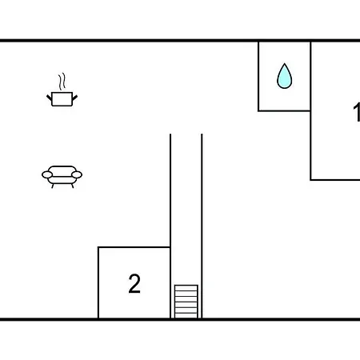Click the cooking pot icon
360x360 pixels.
(62, 99)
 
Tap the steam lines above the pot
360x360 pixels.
(62, 82)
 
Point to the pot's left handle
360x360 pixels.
(49, 98)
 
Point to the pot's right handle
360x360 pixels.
(74, 98)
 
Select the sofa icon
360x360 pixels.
(62, 177)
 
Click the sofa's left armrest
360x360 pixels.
(47, 174)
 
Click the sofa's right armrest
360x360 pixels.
(77, 174)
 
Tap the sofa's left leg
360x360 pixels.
(53, 186)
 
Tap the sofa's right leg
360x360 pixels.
(72, 186)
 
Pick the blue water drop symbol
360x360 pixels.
(285, 76)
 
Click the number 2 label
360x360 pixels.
(134, 284)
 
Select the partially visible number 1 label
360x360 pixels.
(357, 112)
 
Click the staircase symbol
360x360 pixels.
(186, 302)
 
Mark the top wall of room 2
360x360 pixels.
(134, 247)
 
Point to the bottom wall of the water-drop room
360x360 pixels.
(284, 110)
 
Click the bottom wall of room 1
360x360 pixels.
(335, 180)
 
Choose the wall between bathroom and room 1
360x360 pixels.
(310, 76)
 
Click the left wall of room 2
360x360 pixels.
(98, 282)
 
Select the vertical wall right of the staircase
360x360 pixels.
(202, 226)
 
